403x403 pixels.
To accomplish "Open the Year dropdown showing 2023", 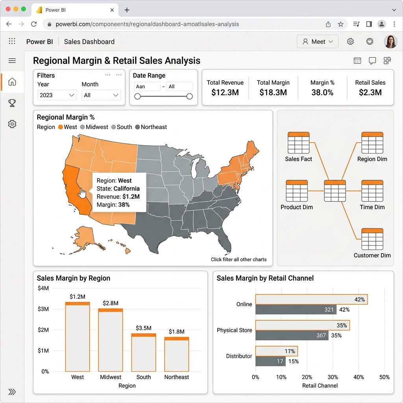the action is [x=57, y=95].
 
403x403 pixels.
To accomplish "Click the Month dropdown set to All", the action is [x=101, y=95].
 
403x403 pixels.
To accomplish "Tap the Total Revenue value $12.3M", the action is [x=225, y=92].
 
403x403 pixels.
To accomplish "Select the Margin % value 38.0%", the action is [x=322, y=92].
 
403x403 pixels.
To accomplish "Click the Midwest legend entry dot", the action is [x=83, y=127].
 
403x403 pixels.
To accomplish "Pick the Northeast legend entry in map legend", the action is [x=151, y=127].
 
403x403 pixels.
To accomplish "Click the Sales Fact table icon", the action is [x=298, y=142].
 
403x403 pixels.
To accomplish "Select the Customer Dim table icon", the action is [x=372, y=239].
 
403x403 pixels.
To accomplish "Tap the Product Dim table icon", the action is [x=297, y=191].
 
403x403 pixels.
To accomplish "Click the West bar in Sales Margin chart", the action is [x=78, y=337].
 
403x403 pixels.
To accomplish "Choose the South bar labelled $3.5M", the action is [x=143, y=352].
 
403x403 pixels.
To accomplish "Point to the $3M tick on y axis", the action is [x=43, y=309].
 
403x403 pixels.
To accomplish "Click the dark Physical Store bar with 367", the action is [x=292, y=335].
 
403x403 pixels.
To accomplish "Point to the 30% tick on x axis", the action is [x=333, y=377].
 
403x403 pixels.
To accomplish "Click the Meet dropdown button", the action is [x=318, y=42].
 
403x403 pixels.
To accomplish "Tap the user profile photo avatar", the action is [x=390, y=42].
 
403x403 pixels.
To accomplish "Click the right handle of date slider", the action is [x=189, y=96].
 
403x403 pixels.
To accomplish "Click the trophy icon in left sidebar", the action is [x=12, y=103].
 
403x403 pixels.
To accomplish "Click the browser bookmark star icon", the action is [x=340, y=24].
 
